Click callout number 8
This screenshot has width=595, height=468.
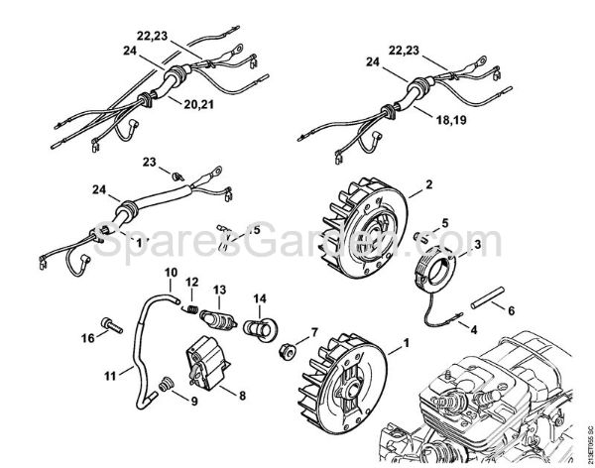(243, 394)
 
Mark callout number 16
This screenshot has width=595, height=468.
(89, 338)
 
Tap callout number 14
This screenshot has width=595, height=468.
(259, 297)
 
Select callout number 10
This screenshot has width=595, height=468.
(170, 273)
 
